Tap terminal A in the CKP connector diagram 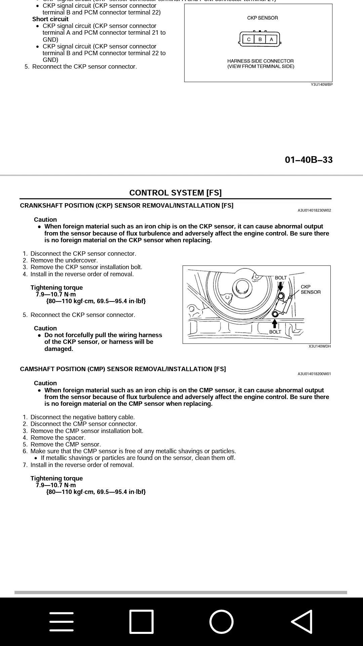point(271,39)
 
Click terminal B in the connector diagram point(260,39)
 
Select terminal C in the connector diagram point(249,39)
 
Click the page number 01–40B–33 point(309,160)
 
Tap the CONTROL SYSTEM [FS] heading point(175,193)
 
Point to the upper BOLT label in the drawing point(281,278)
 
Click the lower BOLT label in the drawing point(275,332)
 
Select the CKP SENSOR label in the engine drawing point(310,289)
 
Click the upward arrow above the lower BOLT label point(275,323)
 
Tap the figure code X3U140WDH point(320,346)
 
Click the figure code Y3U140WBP point(322,84)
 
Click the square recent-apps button point(142,621)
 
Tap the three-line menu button point(62,621)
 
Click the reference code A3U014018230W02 point(314,210)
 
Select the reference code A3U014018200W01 point(314,374)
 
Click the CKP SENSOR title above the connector point(263,18)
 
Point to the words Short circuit point(50,19)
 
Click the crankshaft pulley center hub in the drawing point(242,286)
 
